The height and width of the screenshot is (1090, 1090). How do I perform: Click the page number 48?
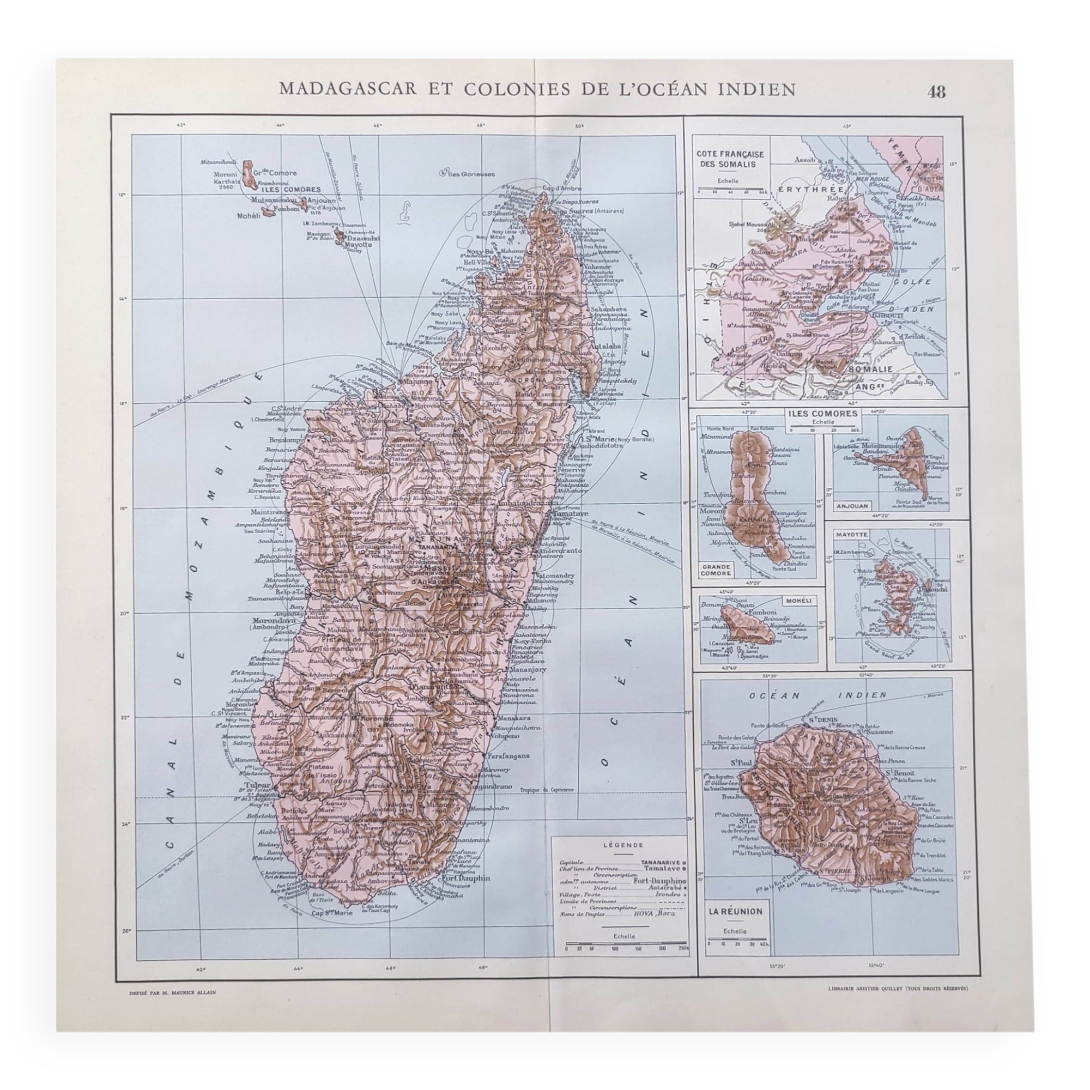click(x=936, y=92)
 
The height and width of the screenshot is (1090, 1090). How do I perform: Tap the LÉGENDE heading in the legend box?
click(x=620, y=845)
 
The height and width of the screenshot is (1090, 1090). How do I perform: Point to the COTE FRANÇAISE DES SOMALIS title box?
click(x=730, y=159)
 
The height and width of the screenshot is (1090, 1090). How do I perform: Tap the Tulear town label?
click(x=255, y=786)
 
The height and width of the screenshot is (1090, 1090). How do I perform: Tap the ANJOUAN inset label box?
click(x=848, y=506)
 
